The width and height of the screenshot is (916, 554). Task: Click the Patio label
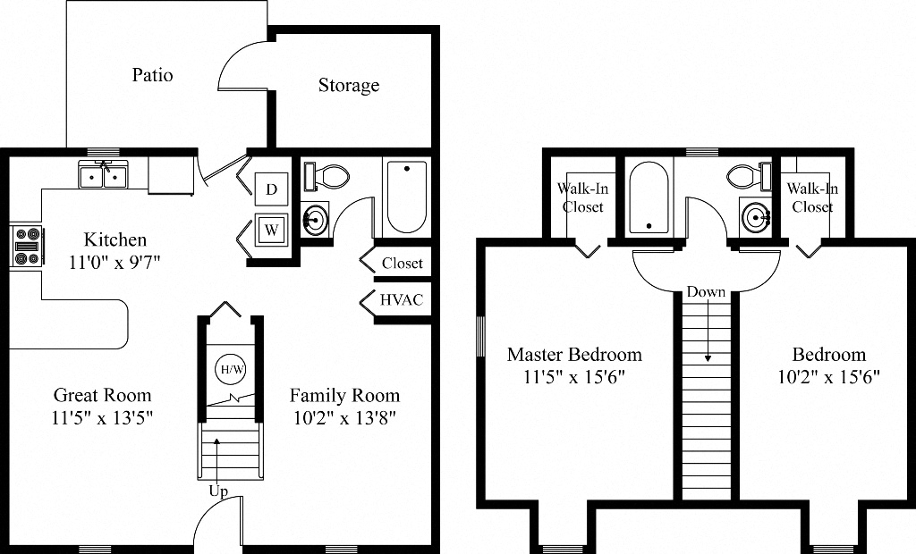coord(152,75)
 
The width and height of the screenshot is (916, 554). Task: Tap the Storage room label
coord(349,86)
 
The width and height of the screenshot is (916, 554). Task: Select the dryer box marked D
coord(272,189)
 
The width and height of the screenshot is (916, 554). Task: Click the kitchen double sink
coord(104,176)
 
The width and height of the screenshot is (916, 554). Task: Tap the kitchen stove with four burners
coord(26,246)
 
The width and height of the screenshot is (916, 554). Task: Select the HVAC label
coord(402,300)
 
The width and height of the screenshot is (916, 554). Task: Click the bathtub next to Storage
coord(406,196)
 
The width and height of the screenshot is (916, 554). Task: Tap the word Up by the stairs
coord(218,492)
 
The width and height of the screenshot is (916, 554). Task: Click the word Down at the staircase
coord(706,292)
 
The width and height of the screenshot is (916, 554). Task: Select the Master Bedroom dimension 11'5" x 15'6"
coord(573,376)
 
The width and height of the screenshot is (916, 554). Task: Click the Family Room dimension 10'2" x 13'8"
coord(344,417)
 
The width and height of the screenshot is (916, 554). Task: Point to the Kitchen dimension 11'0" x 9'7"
coord(114,262)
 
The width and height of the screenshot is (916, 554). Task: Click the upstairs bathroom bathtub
coord(650,197)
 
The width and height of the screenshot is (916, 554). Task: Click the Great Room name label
coord(103,395)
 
